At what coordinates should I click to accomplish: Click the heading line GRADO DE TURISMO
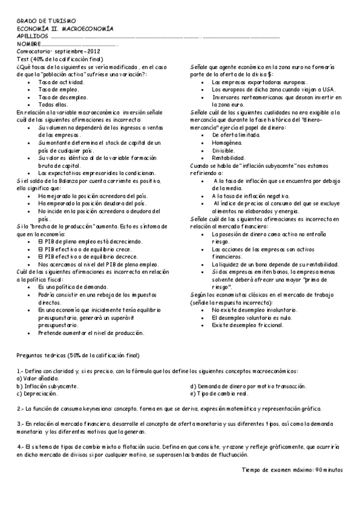(x=37, y=22)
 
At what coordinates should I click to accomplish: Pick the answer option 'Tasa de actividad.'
(x=61, y=81)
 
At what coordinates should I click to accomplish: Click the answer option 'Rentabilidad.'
(x=228, y=158)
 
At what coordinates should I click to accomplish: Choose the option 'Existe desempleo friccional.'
(x=247, y=325)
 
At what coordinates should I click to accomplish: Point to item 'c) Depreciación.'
(x=37, y=394)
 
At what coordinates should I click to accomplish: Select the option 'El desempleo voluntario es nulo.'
(x=252, y=318)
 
